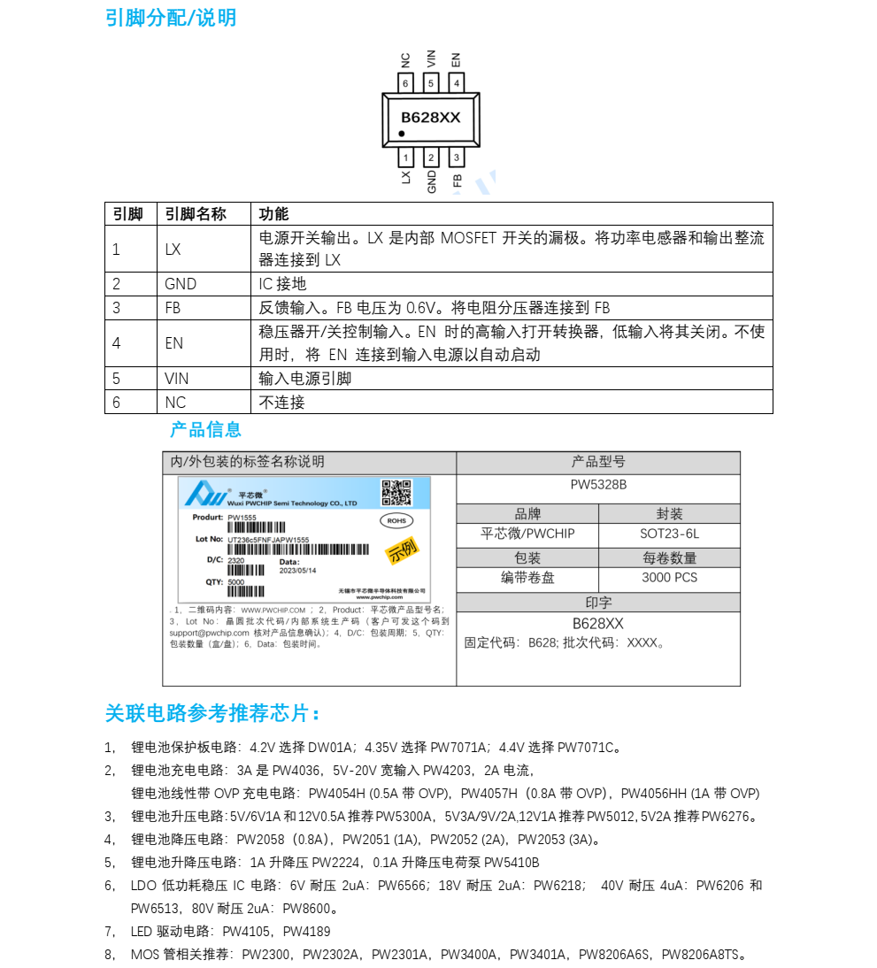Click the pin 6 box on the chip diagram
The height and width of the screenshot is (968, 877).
(405, 83)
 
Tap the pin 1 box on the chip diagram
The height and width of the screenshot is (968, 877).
(405, 157)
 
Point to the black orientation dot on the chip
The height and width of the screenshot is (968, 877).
(402, 134)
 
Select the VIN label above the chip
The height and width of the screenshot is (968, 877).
(431, 59)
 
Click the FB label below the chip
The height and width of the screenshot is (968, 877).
(458, 181)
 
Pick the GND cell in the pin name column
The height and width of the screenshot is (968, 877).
(181, 284)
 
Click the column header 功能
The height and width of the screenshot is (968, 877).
(273, 214)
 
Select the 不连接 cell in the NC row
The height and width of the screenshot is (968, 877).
(281, 402)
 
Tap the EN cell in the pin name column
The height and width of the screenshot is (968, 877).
(173, 342)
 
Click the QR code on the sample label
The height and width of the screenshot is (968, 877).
(396, 493)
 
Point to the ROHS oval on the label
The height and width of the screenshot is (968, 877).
(396, 521)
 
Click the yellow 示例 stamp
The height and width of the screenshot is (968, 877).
(402, 551)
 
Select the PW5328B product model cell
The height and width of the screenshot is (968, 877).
(598, 485)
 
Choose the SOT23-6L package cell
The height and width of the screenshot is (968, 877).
(669, 534)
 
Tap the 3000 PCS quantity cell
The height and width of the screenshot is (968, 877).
(669, 578)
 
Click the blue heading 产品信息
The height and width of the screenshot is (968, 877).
(205, 430)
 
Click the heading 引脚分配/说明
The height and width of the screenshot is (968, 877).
(171, 18)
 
